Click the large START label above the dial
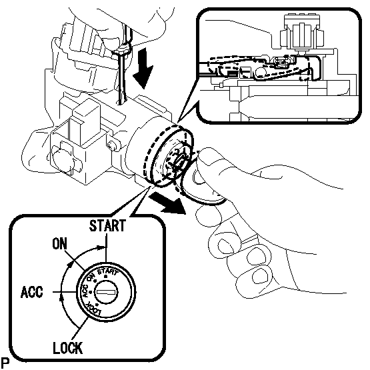107,225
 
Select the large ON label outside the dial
60,244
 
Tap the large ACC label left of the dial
32,292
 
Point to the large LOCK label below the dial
68,348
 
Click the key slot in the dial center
106,292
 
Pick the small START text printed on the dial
107,272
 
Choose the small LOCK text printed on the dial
95,309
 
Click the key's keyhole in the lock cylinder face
180,161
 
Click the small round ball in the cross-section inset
260,71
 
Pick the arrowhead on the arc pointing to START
101,248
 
